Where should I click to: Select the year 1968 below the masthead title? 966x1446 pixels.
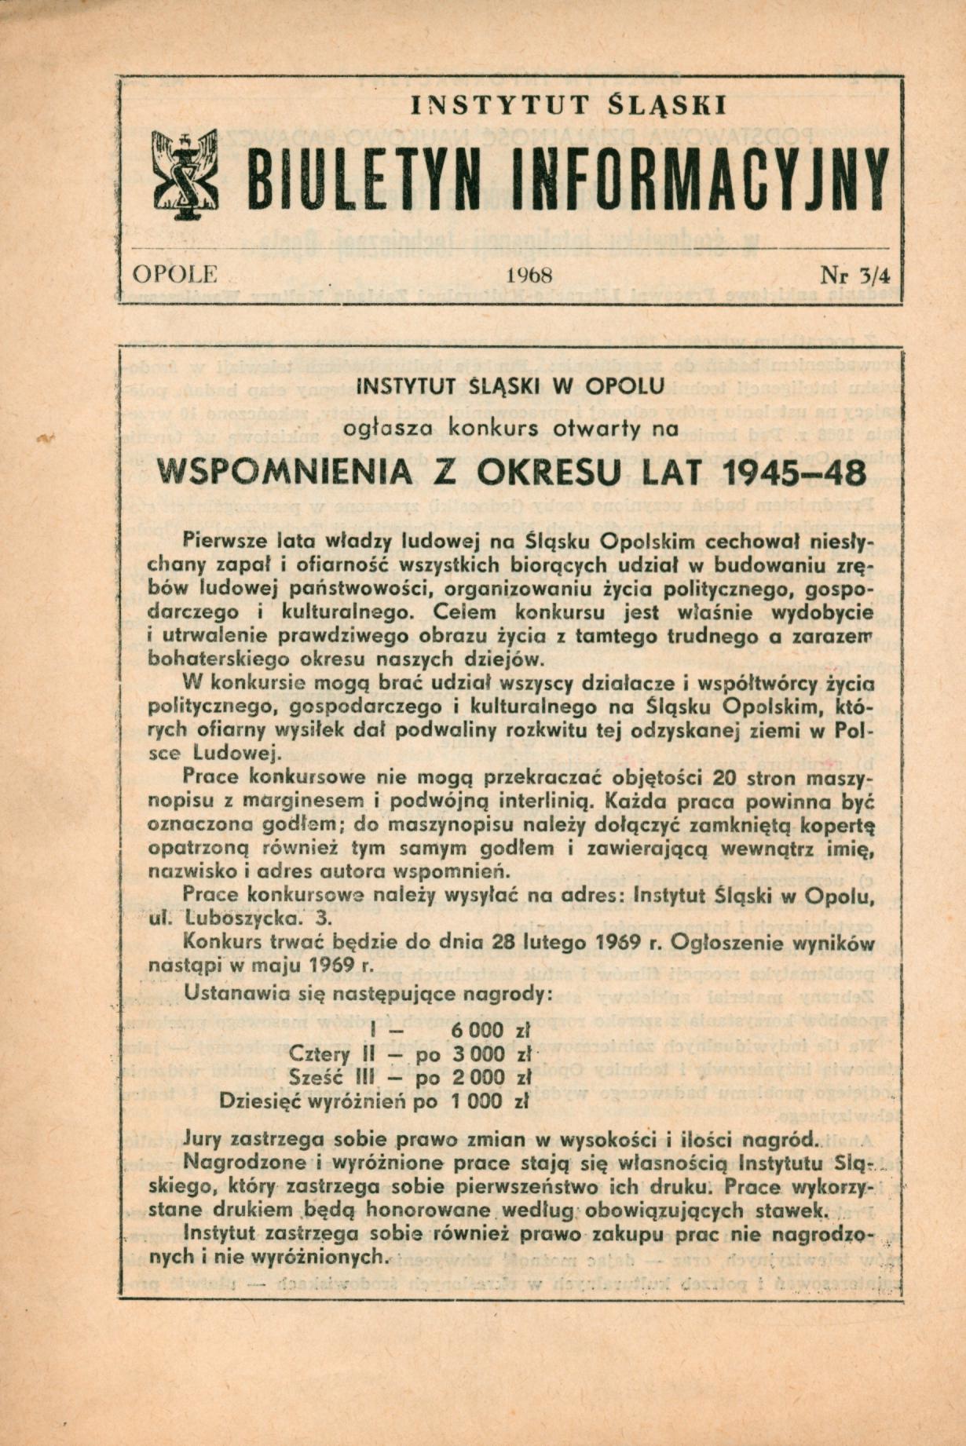pos(530,276)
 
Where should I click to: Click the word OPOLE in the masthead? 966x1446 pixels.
pos(174,275)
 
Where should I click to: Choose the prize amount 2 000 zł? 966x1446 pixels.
pos(488,1076)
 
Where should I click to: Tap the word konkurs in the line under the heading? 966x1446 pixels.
pos(492,429)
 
